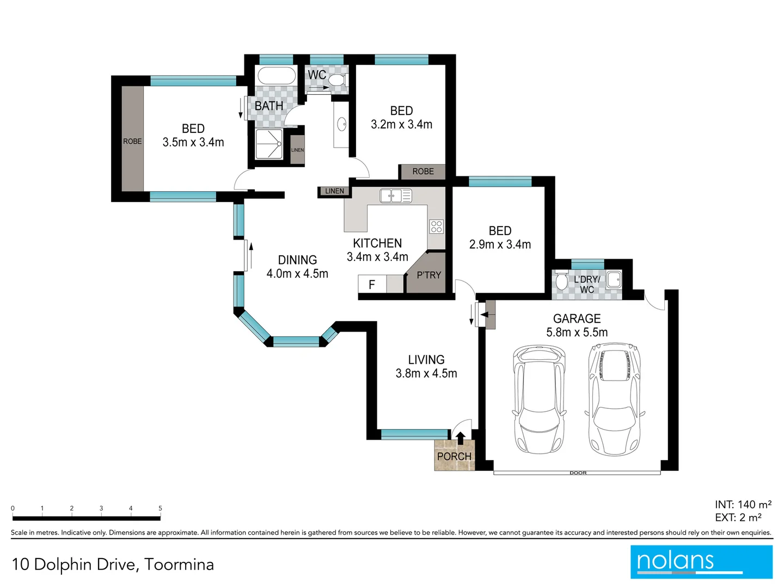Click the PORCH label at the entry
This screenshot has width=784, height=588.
click(x=454, y=456)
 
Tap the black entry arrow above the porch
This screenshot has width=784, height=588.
click(x=460, y=438)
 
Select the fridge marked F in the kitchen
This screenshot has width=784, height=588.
click(x=372, y=284)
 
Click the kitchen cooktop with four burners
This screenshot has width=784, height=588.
click(x=436, y=226)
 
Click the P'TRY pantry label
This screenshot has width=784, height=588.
click(x=428, y=275)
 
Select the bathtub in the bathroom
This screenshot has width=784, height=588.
click(x=276, y=76)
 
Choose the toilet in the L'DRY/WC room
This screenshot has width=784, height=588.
click(x=561, y=282)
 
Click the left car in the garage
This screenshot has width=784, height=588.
click(x=539, y=400)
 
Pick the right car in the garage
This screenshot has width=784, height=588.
click(x=614, y=400)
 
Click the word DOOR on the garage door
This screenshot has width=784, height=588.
click(x=578, y=473)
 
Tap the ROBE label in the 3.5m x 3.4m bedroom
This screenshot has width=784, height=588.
click(x=132, y=141)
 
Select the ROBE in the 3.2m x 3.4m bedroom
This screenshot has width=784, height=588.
click(x=422, y=171)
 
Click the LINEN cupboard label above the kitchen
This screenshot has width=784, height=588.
click(x=334, y=191)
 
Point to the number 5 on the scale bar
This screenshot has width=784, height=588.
click(x=160, y=508)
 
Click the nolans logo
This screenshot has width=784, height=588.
click(x=701, y=561)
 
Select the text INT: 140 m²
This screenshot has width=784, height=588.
click(x=743, y=505)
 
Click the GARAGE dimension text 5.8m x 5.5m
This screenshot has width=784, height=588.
click(x=577, y=332)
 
